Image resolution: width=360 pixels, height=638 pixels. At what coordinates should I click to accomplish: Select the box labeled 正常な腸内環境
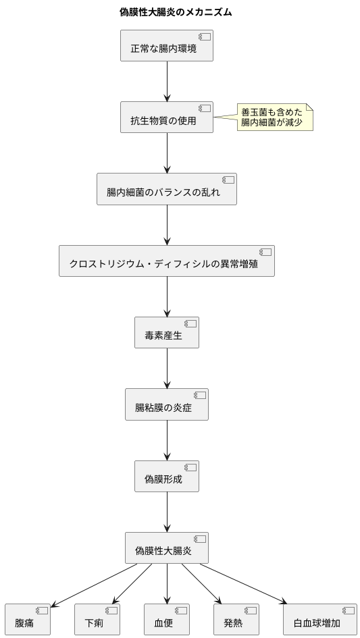click(x=167, y=46)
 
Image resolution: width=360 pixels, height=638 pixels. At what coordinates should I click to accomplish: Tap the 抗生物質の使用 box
click(x=167, y=117)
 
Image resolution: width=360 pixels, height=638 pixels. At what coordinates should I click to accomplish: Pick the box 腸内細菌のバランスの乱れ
click(x=167, y=189)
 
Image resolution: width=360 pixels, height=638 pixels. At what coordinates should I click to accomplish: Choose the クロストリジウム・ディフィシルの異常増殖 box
click(x=167, y=261)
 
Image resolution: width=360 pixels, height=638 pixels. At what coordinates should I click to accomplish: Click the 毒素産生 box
click(x=167, y=332)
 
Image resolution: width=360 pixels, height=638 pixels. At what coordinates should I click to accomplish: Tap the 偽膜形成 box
click(x=167, y=476)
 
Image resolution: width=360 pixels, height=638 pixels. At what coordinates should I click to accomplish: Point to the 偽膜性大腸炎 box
click(x=167, y=548)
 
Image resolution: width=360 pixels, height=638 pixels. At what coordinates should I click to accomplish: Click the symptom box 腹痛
click(x=28, y=619)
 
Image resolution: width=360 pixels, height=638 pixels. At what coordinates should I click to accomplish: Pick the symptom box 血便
click(x=166, y=619)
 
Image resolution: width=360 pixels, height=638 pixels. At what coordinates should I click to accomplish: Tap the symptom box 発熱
click(x=236, y=619)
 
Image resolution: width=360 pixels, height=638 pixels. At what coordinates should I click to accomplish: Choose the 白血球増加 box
click(x=319, y=619)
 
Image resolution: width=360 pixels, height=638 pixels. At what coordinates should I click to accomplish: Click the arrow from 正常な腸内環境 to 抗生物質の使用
click(x=167, y=81)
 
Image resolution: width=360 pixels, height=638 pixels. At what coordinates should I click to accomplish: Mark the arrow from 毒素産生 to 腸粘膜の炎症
click(x=167, y=368)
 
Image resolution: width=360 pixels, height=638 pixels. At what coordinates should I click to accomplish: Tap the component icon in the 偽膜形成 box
click(x=190, y=467)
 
